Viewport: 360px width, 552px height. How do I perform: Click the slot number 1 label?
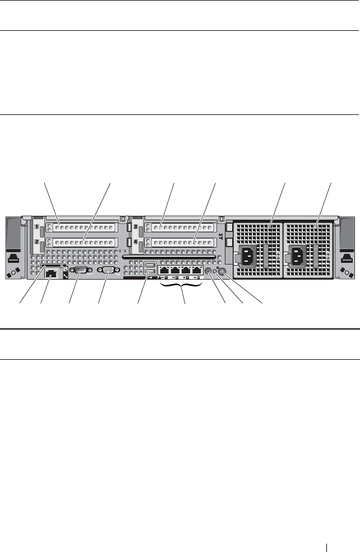(38, 228)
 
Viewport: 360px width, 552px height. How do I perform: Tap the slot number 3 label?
(136, 228)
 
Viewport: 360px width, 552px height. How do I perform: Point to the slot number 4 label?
(136, 243)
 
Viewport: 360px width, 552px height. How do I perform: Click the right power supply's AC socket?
(297, 258)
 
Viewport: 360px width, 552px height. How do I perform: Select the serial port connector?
(79, 273)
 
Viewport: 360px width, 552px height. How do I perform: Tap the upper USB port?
(149, 266)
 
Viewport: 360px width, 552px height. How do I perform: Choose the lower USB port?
(149, 273)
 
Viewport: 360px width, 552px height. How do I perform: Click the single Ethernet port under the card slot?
(51, 275)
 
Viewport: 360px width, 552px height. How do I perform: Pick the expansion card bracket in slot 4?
(179, 243)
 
